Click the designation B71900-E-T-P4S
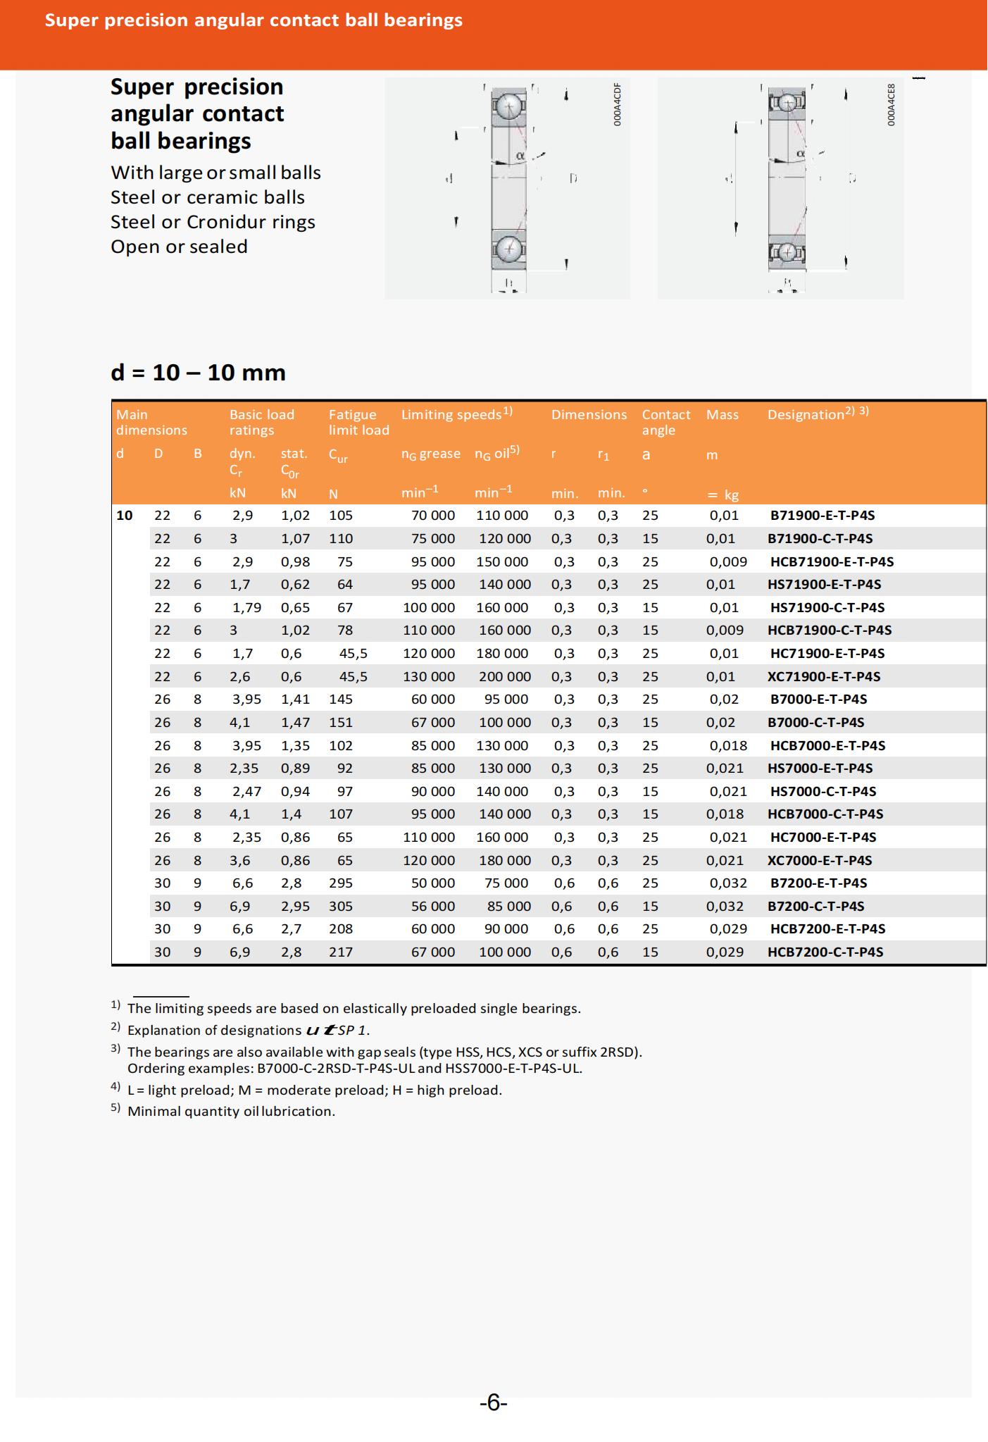822,515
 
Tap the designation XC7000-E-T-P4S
819,860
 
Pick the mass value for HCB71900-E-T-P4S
727,561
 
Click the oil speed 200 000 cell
504,676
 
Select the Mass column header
722,415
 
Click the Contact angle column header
665,422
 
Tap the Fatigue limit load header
358,422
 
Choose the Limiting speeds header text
451,415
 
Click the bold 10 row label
125,515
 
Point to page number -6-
494,1403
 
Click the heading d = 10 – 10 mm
198,372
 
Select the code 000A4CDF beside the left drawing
618,104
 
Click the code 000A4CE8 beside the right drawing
891,104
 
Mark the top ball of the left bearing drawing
508,106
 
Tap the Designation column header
806,415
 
